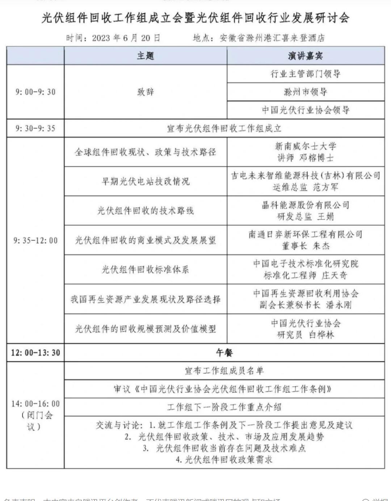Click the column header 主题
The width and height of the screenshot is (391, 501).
(x=146, y=56)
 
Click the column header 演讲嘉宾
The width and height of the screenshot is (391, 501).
(x=306, y=56)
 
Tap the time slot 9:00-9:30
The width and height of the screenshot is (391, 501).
(x=35, y=92)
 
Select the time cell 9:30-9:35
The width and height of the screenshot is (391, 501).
(x=35, y=128)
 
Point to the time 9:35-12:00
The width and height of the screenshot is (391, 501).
(x=35, y=240)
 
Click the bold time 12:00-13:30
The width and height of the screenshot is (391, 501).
(x=35, y=352)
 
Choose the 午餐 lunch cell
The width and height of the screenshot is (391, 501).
(x=224, y=352)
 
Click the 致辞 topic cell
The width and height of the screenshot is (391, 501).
(x=146, y=92)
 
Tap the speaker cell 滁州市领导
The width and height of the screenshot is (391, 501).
(x=306, y=92)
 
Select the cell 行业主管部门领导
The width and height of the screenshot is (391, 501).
(x=306, y=74)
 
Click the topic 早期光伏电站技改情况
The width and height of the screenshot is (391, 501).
(x=146, y=181)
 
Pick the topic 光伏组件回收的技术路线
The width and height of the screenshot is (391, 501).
(x=146, y=211)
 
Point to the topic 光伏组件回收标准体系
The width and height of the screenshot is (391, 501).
(x=146, y=270)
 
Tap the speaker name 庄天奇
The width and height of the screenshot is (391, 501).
(x=334, y=275)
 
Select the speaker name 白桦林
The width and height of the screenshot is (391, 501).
(x=321, y=335)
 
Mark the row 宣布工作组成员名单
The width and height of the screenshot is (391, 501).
(x=224, y=371)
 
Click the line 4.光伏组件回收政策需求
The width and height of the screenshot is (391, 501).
(x=224, y=460)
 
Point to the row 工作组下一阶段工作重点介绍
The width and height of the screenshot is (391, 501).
(x=224, y=407)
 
